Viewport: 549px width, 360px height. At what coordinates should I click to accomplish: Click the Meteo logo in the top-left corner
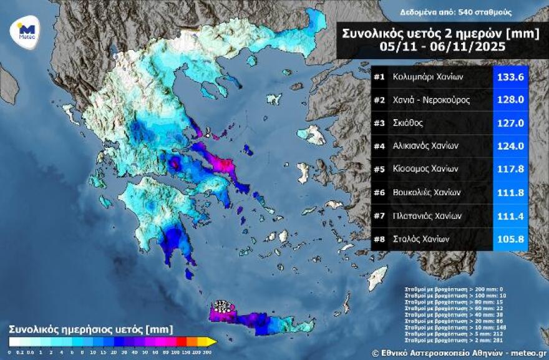click(26, 30)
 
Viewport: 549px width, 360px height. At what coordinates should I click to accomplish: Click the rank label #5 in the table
click(379, 169)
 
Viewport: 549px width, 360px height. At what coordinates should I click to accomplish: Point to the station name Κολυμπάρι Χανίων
click(428, 77)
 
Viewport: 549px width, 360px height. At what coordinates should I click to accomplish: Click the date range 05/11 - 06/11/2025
click(440, 47)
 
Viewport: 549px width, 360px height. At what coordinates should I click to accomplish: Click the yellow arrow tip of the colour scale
click(212, 341)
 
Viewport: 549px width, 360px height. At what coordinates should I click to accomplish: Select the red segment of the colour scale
click(181, 341)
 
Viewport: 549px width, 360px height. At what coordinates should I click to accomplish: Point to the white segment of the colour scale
click(14, 341)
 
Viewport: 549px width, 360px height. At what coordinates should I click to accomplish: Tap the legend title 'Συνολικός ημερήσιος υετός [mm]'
click(90, 328)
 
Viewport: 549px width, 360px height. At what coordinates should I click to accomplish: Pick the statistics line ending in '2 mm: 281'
click(444, 340)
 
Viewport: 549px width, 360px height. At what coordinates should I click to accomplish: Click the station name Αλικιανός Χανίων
click(425, 146)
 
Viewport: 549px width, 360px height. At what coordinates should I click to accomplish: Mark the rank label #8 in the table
click(379, 238)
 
